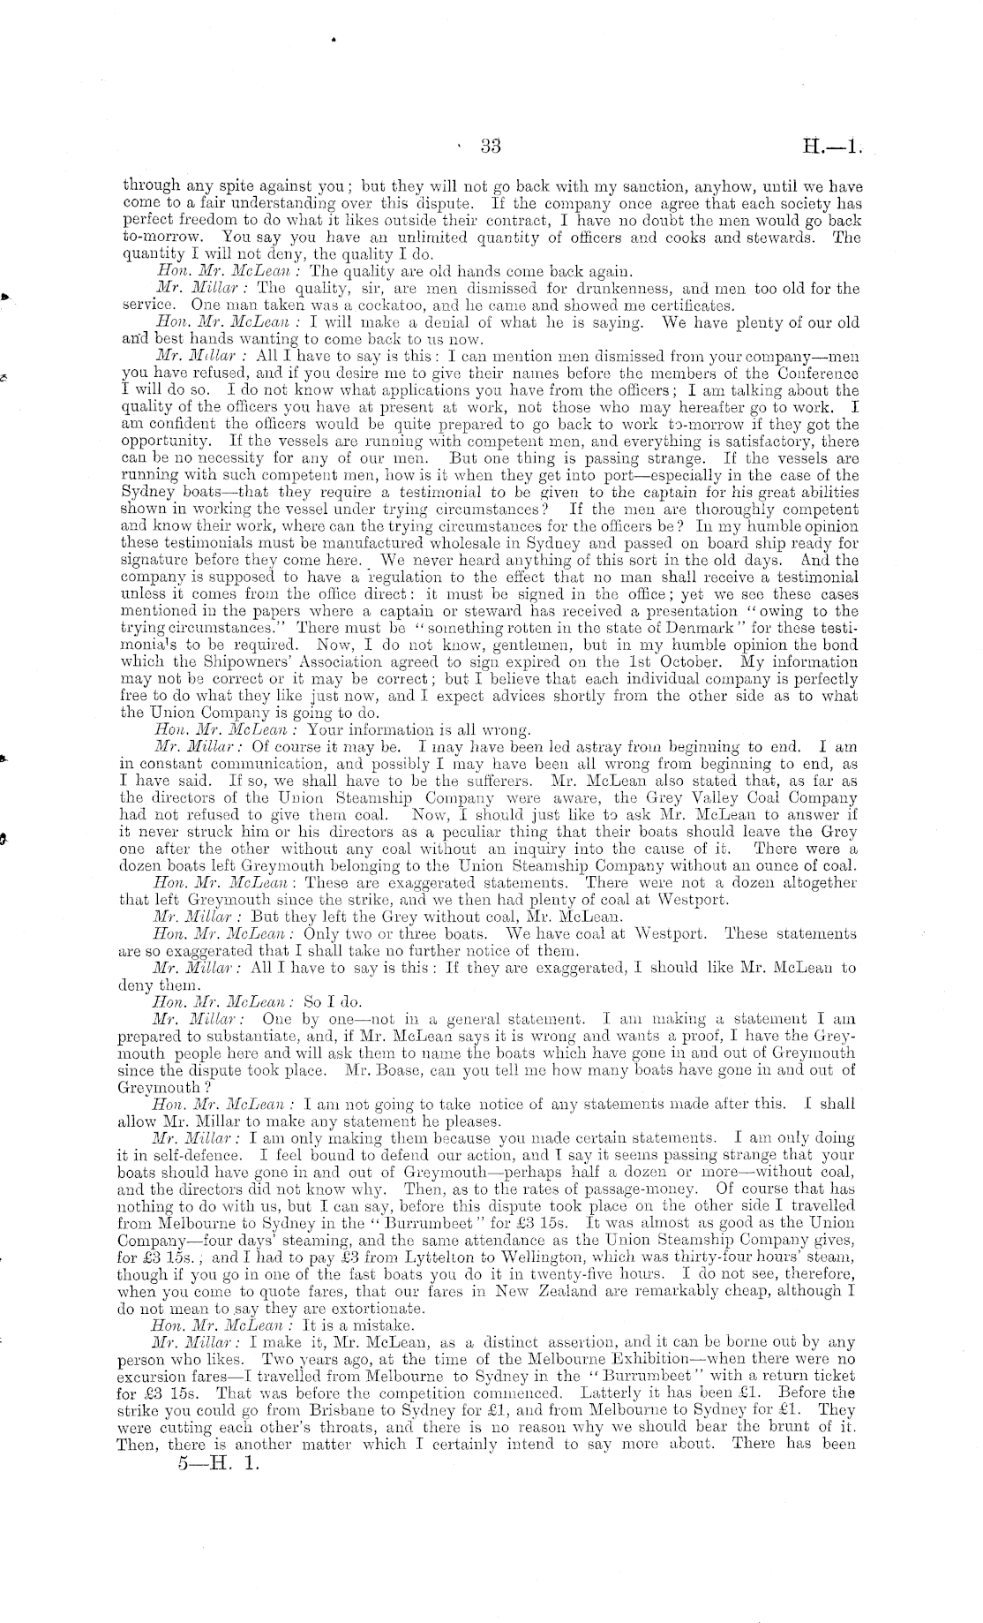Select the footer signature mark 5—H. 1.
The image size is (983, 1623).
click(x=217, y=1462)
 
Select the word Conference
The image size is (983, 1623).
click(x=817, y=373)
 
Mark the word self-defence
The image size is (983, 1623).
click(x=198, y=1155)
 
